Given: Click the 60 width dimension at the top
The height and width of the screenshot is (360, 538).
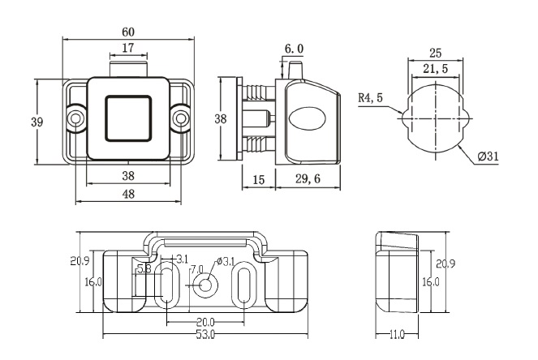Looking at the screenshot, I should coord(128,32).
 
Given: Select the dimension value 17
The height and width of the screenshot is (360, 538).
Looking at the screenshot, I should coord(128,48).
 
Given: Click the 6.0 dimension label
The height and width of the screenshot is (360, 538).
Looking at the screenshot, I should coord(294,49).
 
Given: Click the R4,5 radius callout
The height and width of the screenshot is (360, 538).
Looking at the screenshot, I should coord(371,98).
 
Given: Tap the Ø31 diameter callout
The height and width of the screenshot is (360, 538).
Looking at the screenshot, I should coord(488,156).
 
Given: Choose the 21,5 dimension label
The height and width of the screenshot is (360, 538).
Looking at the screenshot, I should coord(435,71).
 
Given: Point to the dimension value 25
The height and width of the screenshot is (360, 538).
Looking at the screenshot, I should coord(435,54).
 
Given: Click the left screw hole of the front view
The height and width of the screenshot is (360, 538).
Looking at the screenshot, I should coord(75,118).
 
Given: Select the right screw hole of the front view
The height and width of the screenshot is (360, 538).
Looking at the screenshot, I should coord(180,118).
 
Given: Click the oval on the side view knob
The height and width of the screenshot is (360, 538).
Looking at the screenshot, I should coord(306,118).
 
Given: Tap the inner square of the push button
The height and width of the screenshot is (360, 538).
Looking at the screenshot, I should coord(128,118).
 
